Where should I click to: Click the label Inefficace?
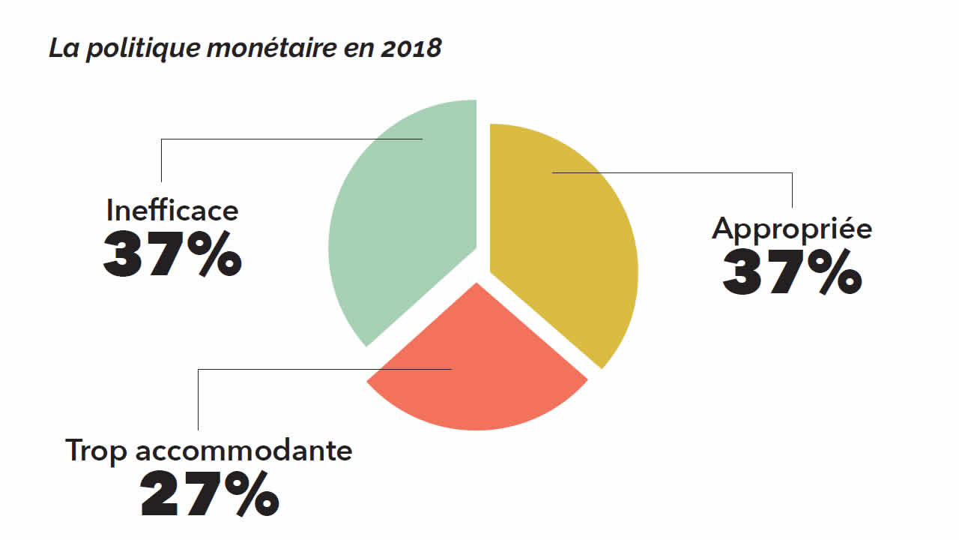[x=172, y=210]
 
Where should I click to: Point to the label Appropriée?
[x=792, y=228]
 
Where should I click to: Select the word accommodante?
[x=244, y=451]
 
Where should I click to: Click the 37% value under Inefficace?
[x=172, y=255]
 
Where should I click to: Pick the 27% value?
[x=210, y=494]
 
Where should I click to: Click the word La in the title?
[x=62, y=49]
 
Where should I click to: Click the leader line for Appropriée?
[x=674, y=172]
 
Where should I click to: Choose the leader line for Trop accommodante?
[x=322, y=369]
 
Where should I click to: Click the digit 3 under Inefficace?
[x=124, y=255]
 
